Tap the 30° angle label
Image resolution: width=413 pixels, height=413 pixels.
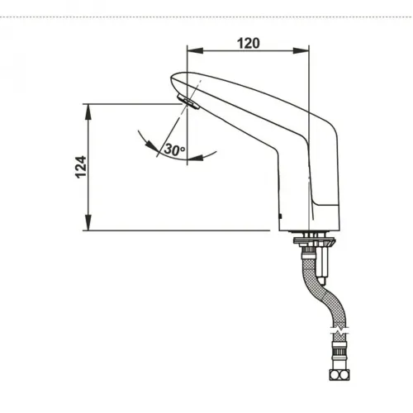tap(174, 150)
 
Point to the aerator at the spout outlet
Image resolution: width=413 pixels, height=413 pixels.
tap(188, 103)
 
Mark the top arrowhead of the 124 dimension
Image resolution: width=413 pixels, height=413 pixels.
tap(86, 108)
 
